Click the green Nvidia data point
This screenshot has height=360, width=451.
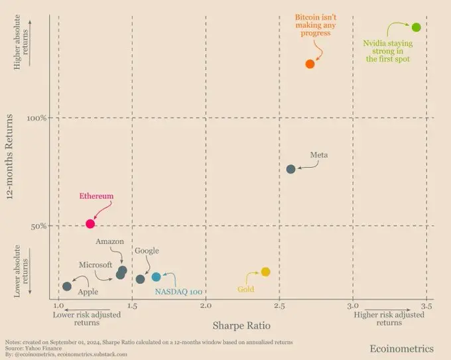pos(417,27)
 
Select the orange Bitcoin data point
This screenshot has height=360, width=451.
pos(310,64)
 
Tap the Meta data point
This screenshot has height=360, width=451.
pos(290,169)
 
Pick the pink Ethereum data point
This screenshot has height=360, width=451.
pos(90,224)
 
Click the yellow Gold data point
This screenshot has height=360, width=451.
pos(265,272)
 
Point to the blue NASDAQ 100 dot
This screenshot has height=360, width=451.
pos(156,277)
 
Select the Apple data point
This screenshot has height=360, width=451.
pos(67,286)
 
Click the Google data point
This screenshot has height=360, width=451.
pos(140,279)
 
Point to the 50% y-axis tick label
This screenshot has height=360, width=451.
pos(38,226)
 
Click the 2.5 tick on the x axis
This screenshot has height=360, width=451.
pos(279,307)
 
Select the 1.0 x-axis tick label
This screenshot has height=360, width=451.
pos(58,307)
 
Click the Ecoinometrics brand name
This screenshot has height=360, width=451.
pos(402,348)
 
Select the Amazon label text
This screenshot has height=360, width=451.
pos(110,241)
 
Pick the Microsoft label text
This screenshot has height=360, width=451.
pos(96,265)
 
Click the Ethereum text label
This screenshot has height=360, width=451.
pos(97,196)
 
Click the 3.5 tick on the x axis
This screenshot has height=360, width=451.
pos(426,307)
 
